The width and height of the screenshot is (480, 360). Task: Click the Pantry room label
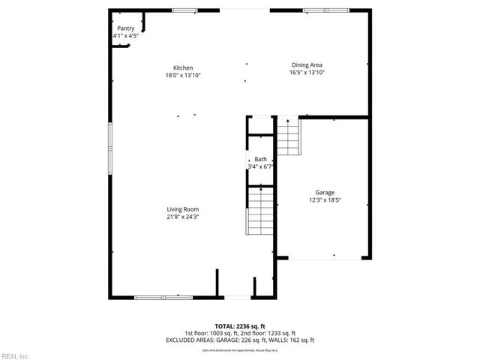126,28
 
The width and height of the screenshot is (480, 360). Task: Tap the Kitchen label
184,67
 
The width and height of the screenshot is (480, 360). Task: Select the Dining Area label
306,65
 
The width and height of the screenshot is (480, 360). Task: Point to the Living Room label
183,209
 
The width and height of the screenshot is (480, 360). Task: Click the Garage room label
325,193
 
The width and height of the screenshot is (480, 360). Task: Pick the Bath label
260,159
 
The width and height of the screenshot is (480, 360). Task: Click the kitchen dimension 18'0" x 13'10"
184,75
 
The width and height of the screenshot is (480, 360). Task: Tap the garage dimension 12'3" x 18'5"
325,200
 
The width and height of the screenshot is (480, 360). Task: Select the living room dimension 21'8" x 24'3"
183,217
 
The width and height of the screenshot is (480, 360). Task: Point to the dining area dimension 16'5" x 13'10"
306,73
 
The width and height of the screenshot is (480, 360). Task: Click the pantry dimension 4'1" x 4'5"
126,35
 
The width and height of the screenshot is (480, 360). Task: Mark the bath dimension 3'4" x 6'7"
260,166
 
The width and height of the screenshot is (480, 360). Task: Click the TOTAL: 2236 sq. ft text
240,327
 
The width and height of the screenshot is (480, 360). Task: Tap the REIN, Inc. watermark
14,355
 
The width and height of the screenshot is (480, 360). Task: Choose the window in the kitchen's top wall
184,10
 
